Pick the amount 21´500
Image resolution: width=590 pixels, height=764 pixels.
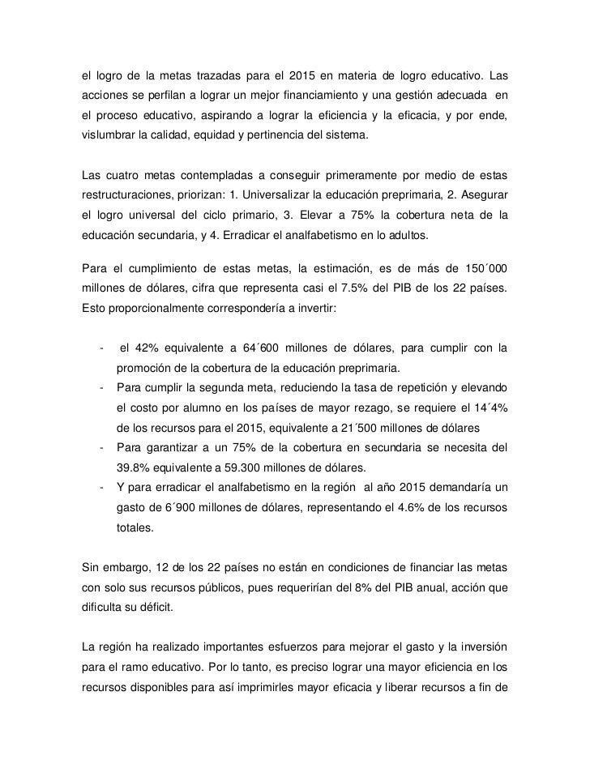[383, 427]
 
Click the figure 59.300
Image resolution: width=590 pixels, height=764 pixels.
[233, 467]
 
